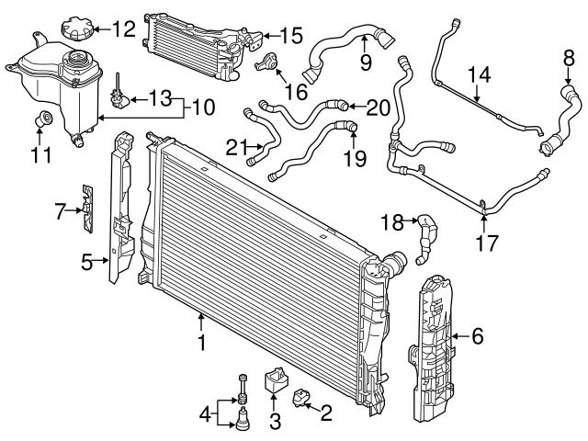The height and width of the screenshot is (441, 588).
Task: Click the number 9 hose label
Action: [x=365, y=64]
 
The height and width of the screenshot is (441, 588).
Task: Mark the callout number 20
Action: [x=378, y=107]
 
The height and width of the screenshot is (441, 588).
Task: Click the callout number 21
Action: [x=237, y=145]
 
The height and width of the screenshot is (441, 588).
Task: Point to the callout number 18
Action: [x=392, y=221]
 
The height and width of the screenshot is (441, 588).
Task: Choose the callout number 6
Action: [x=477, y=336]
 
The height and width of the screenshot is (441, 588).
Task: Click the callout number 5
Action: [x=87, y=262]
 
